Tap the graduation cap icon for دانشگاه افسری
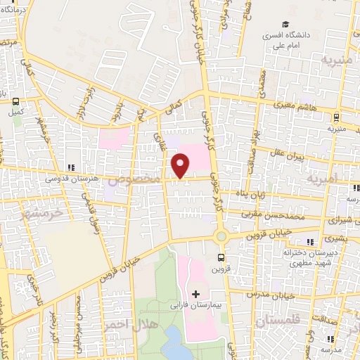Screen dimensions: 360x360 pos(288,23)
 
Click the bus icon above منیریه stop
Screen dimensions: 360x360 pos(337,117)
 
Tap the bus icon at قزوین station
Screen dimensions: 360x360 pos(222,257)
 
